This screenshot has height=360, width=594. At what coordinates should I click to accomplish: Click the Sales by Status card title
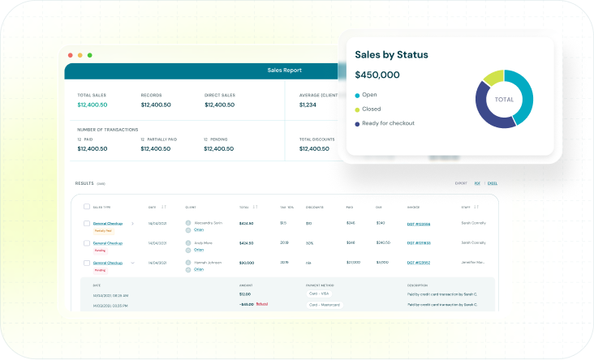(x=391, y=54)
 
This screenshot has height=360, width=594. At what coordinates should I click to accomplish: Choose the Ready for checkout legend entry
(x=388, y=123)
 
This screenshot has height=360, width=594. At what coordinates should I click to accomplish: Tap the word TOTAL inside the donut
(x=504, y=99)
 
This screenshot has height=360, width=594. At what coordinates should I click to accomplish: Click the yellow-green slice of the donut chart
(x=493, y=77)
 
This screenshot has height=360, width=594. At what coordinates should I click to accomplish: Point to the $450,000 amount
(x=377, y=75)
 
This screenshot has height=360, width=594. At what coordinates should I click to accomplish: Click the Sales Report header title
(x=284, y=71)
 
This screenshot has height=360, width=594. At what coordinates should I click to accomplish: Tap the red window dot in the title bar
(x=71, y=55)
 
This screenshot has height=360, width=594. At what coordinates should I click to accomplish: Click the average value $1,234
(x=308, y=105)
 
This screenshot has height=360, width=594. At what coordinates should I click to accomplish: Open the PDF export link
(x=477, y=184)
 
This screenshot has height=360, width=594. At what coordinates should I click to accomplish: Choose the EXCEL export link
(x=492, y=184)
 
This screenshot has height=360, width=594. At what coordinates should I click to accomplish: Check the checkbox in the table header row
(x=87, y=207)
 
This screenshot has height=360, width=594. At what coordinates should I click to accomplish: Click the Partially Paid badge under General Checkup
(x=102, y=230)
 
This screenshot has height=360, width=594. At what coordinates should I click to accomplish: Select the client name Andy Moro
(x=202, y=242)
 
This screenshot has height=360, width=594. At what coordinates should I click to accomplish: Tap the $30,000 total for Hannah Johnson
(x=246, y=263)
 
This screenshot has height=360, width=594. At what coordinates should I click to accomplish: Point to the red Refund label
(x=261, y=304)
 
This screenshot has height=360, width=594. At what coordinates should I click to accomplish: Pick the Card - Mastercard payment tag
(x=325, y=305)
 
